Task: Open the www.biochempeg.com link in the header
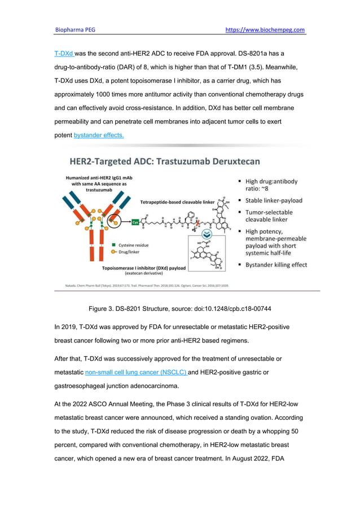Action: (265, 29)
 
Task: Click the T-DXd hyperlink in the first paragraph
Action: (64, 54)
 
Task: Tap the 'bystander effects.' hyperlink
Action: (99, 135)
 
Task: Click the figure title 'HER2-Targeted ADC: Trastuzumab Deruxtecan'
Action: (164, 161)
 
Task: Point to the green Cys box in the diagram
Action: (135, 222)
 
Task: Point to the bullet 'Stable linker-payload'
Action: (274, 200)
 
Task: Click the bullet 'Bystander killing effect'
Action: (276, 265)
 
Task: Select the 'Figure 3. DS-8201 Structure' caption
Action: (179, 309)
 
